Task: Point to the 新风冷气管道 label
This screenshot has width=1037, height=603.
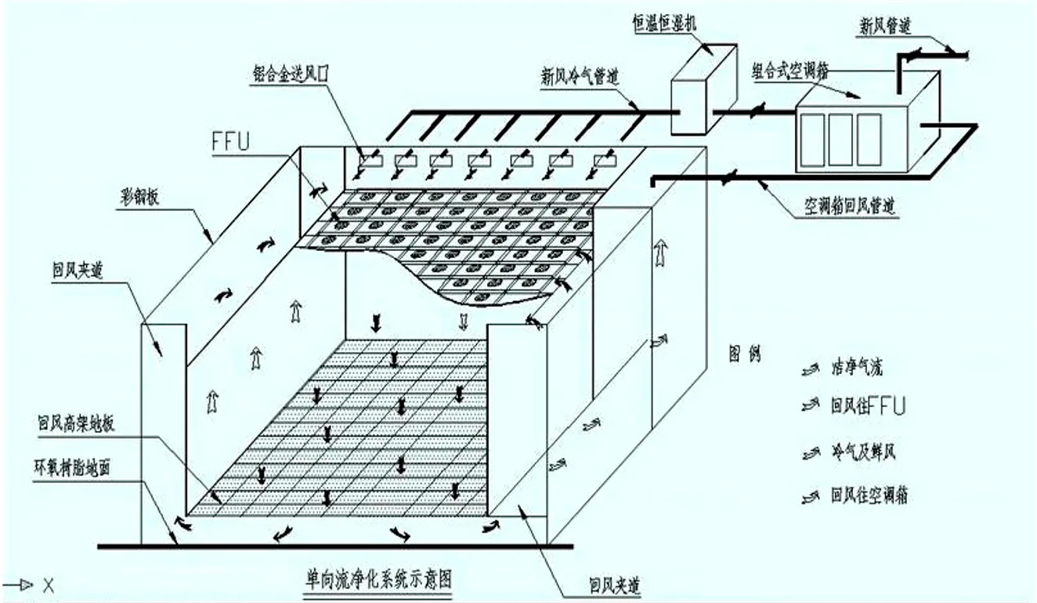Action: [x=578, y=77]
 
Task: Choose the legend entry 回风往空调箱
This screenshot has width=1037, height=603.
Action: [x=868, y=496]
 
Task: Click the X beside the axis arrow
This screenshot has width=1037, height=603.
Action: [x=47, y=585]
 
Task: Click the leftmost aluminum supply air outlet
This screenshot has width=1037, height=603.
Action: [x=368, y=161]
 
